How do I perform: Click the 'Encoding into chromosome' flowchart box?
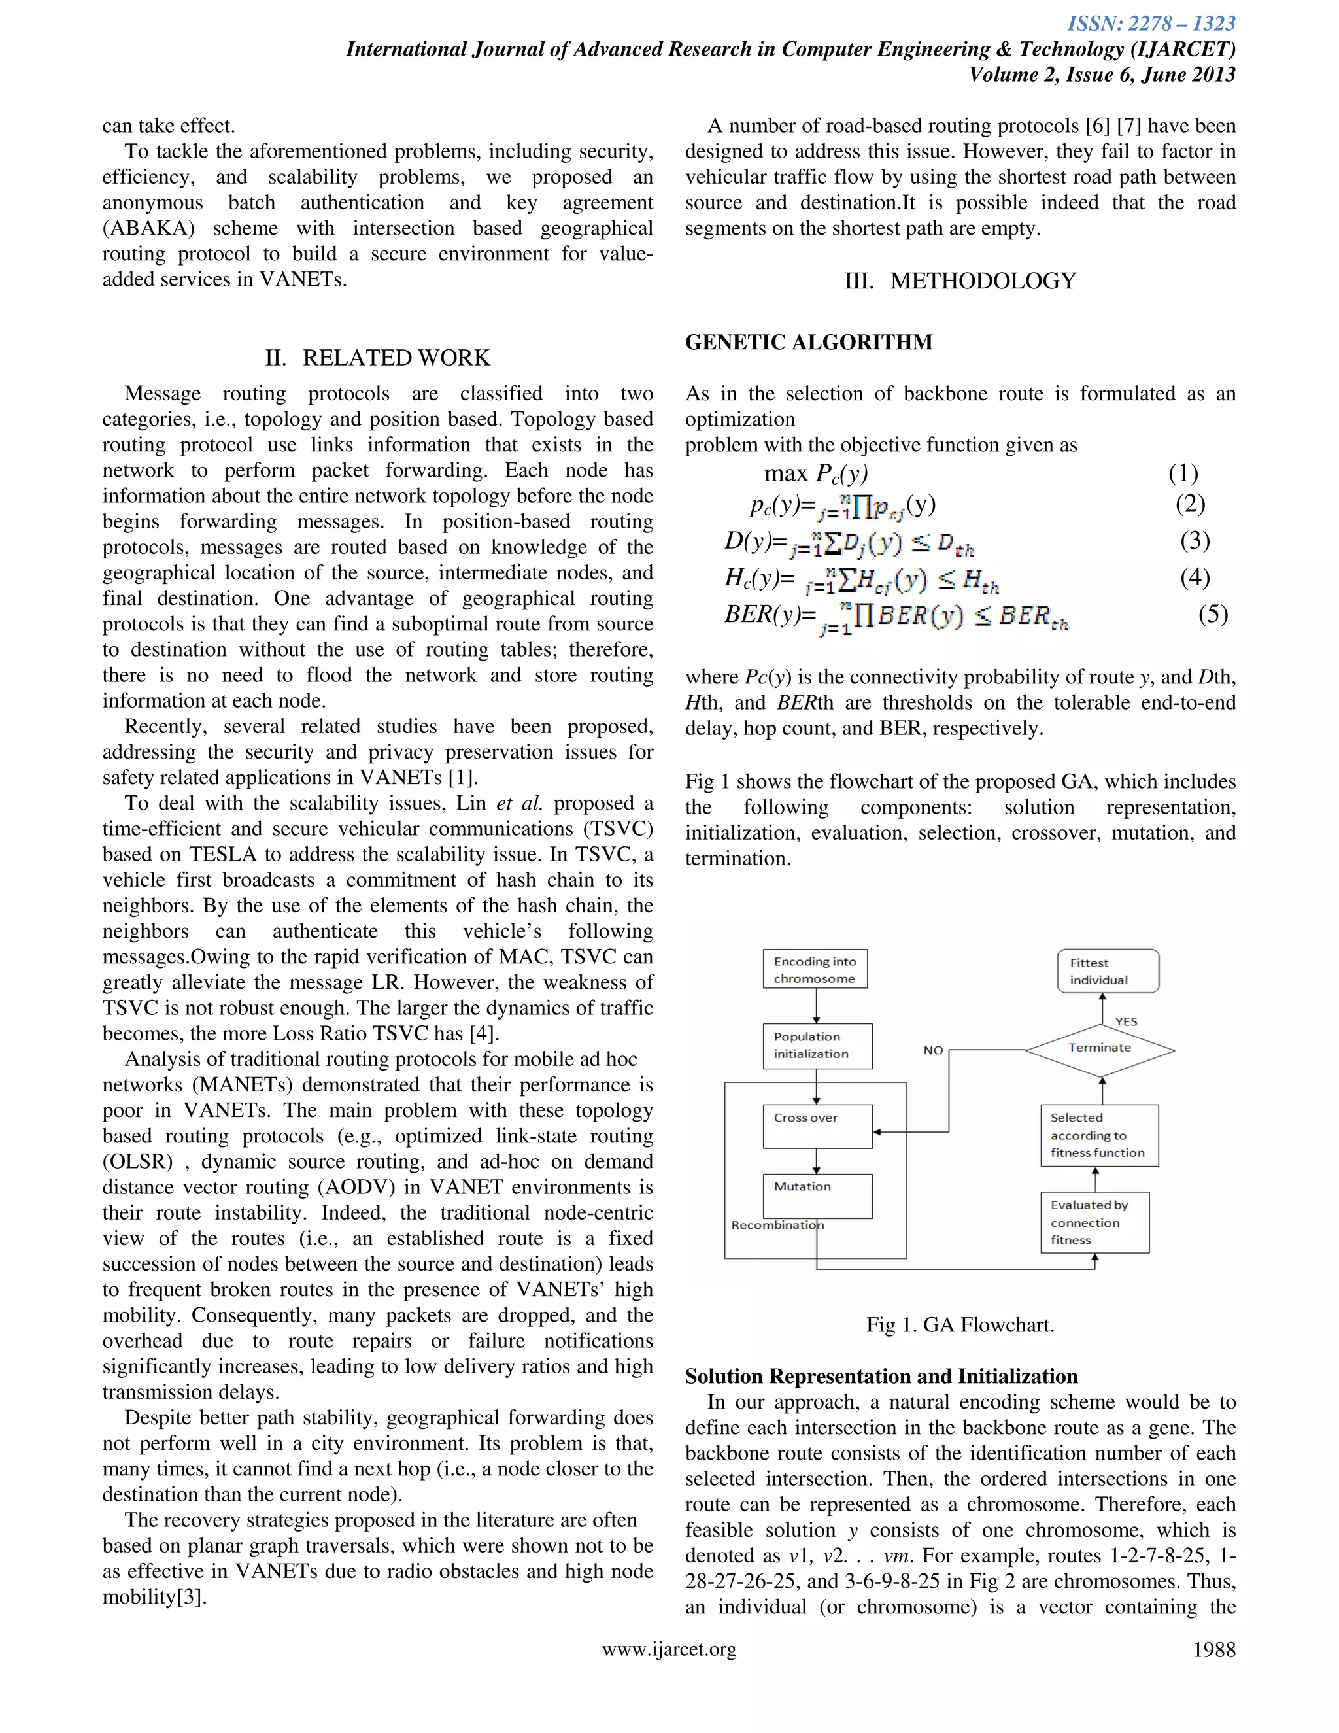click(x=815, y=969)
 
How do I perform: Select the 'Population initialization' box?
click(x=817, y=1045)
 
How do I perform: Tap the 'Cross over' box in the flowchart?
click(x=817, y=1125)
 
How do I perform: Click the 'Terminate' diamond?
click(x=1100, y=1048)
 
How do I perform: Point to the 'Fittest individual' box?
click(x=1108, y=970)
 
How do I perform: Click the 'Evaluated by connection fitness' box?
click(x=1094, y=1222)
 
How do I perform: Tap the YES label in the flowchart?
click(x=1126, y=1021)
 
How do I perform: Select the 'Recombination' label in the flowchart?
click(x=777, y=1225)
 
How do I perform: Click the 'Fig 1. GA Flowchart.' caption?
click(x=960, y=1324)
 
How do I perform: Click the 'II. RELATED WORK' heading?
click(x=378, y=358)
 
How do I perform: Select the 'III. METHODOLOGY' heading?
click(x=960, y=281)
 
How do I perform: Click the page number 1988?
click(x=1213, y=1650)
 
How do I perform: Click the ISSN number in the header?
click(x=1151, y=24)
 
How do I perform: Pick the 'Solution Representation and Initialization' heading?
click(x=881, y=1376)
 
